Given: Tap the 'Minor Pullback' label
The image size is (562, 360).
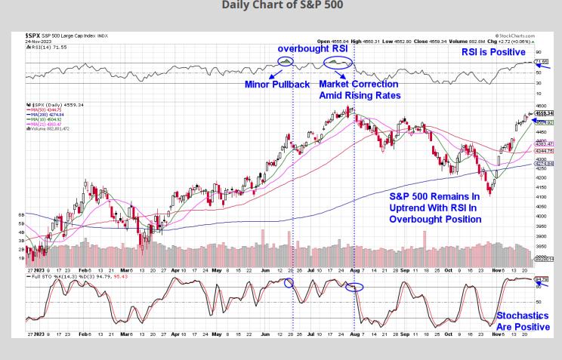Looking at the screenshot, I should point(277,84).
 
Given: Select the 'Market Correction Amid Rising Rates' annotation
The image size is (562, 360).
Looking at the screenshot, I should point(360,90).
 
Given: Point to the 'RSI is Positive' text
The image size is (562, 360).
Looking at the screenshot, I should point(493,52).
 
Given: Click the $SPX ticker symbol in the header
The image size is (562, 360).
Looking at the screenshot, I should point(32,35).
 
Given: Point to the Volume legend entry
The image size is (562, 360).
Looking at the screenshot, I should point(53,129).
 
